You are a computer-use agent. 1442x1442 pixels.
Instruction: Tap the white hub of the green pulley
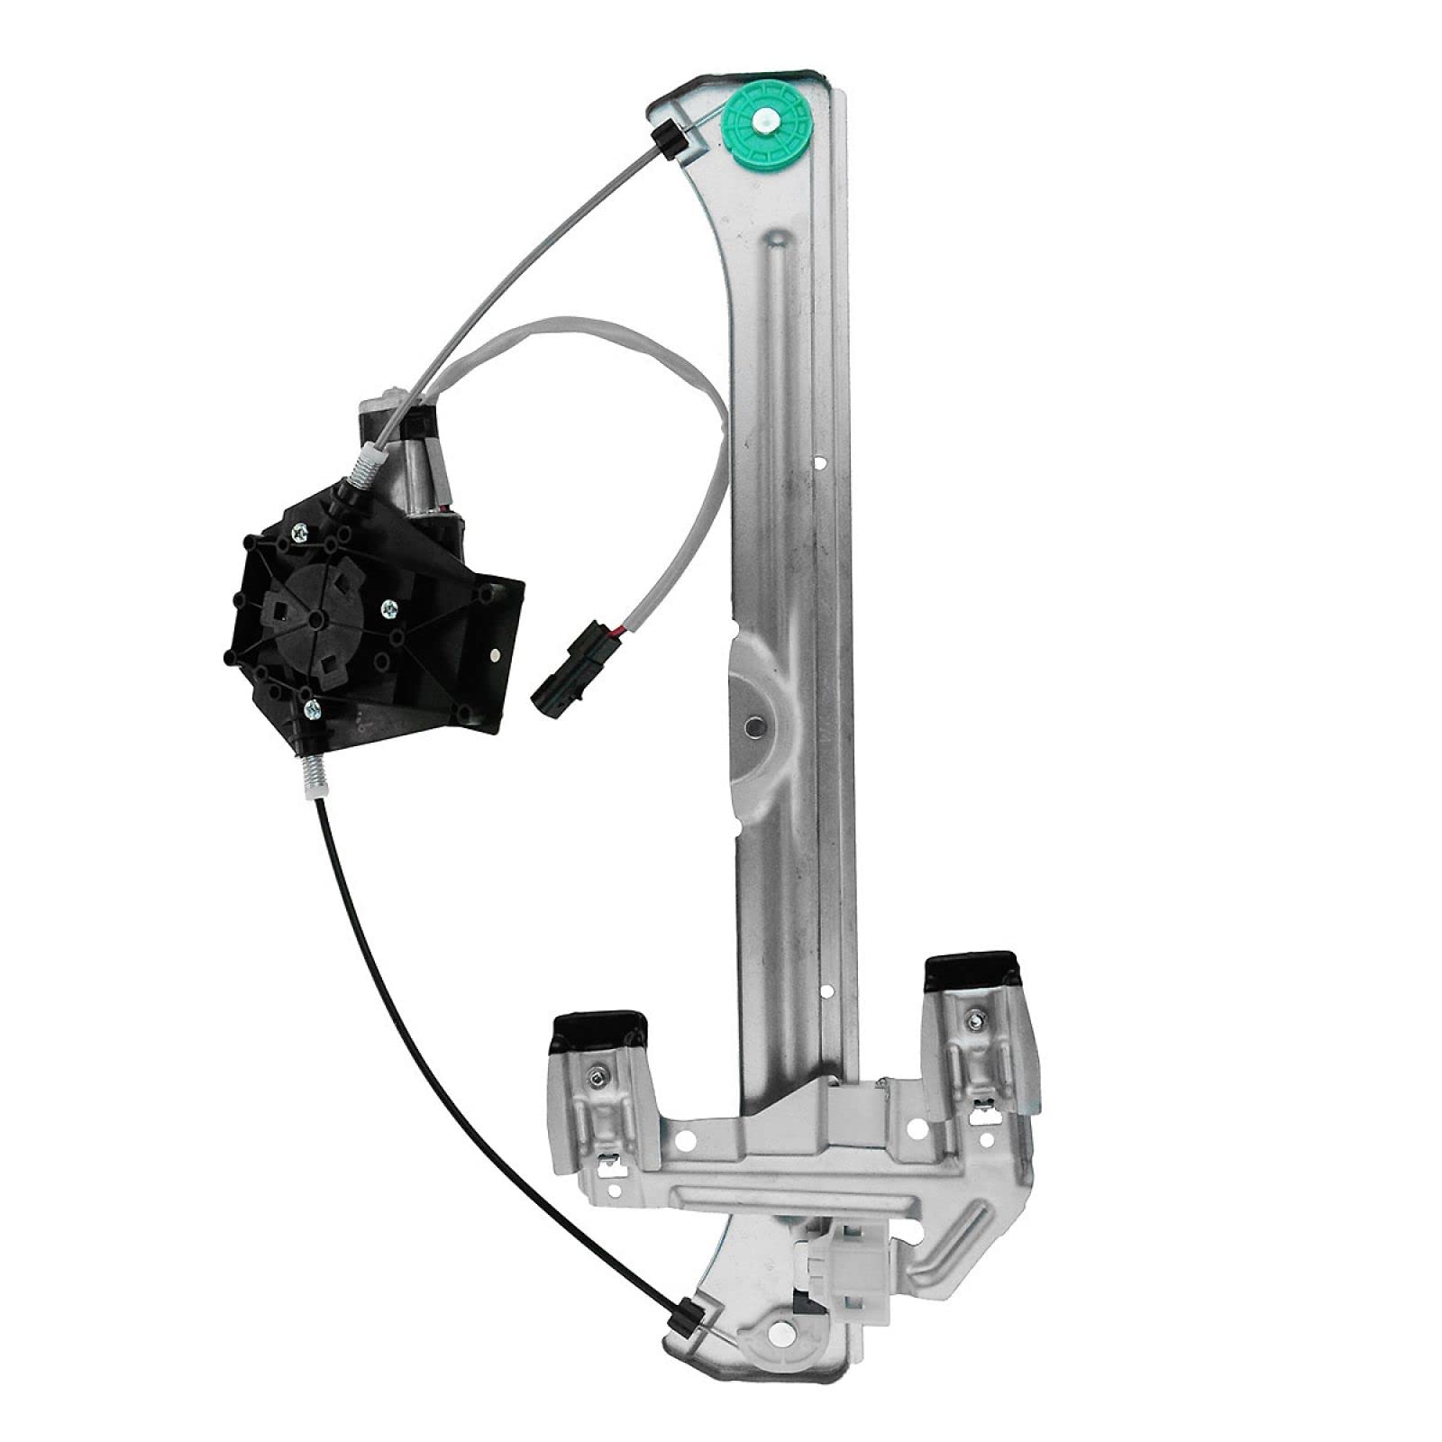[x=769, y=118]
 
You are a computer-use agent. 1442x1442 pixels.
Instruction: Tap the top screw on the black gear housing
[x=297, y=534]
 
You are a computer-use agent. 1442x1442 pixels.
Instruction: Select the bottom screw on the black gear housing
[x=311, y=707]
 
